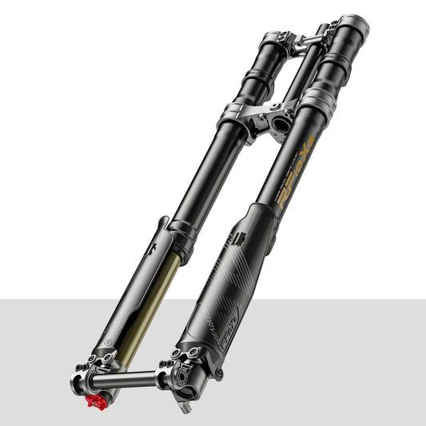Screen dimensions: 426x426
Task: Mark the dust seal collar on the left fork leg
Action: click(x=185, y=235)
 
